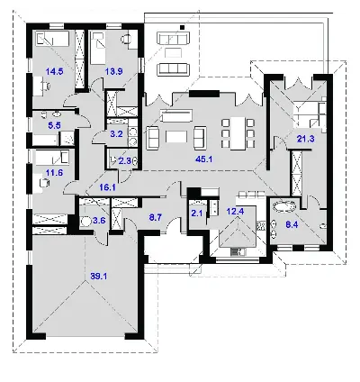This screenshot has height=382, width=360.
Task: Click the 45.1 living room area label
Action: click(x=203, y=159)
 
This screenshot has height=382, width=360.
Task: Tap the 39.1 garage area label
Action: click(x=99, y=277)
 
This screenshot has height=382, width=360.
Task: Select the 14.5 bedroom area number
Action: click(x=54, y=71)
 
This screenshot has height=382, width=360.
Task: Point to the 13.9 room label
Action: click(x=113, y=71)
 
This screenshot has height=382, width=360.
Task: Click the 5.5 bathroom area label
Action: click(x=54, y=125)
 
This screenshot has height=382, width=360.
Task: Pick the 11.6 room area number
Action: click(x=54, y=173)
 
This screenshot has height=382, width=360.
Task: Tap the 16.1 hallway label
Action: click(x=108, y=187)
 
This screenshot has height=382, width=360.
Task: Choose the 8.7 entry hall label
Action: click(x=156, y=218)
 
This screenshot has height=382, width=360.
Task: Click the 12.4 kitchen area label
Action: click(x=235, y=211)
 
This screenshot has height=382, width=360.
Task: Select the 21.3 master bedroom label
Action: click(x=306, y=139)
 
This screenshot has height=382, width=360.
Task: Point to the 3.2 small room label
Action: click(x=116, y=134)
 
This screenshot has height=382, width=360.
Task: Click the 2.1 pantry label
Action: click(x=197, y=214)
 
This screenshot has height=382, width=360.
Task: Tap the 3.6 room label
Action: click(x=99, y=221)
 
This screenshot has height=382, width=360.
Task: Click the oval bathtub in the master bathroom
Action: click(x=284, y=207)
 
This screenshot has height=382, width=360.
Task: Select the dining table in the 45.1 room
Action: click(x=238, y=133)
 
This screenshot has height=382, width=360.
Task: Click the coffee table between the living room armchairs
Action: click(x=176, y=137)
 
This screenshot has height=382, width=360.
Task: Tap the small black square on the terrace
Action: click(x=182, y=28)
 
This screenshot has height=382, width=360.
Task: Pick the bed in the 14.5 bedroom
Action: click(x=52, y=38)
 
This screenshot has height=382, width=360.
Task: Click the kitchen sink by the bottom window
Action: click(x=238, y=251)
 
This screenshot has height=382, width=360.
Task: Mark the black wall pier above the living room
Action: click(x=204, y=94)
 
